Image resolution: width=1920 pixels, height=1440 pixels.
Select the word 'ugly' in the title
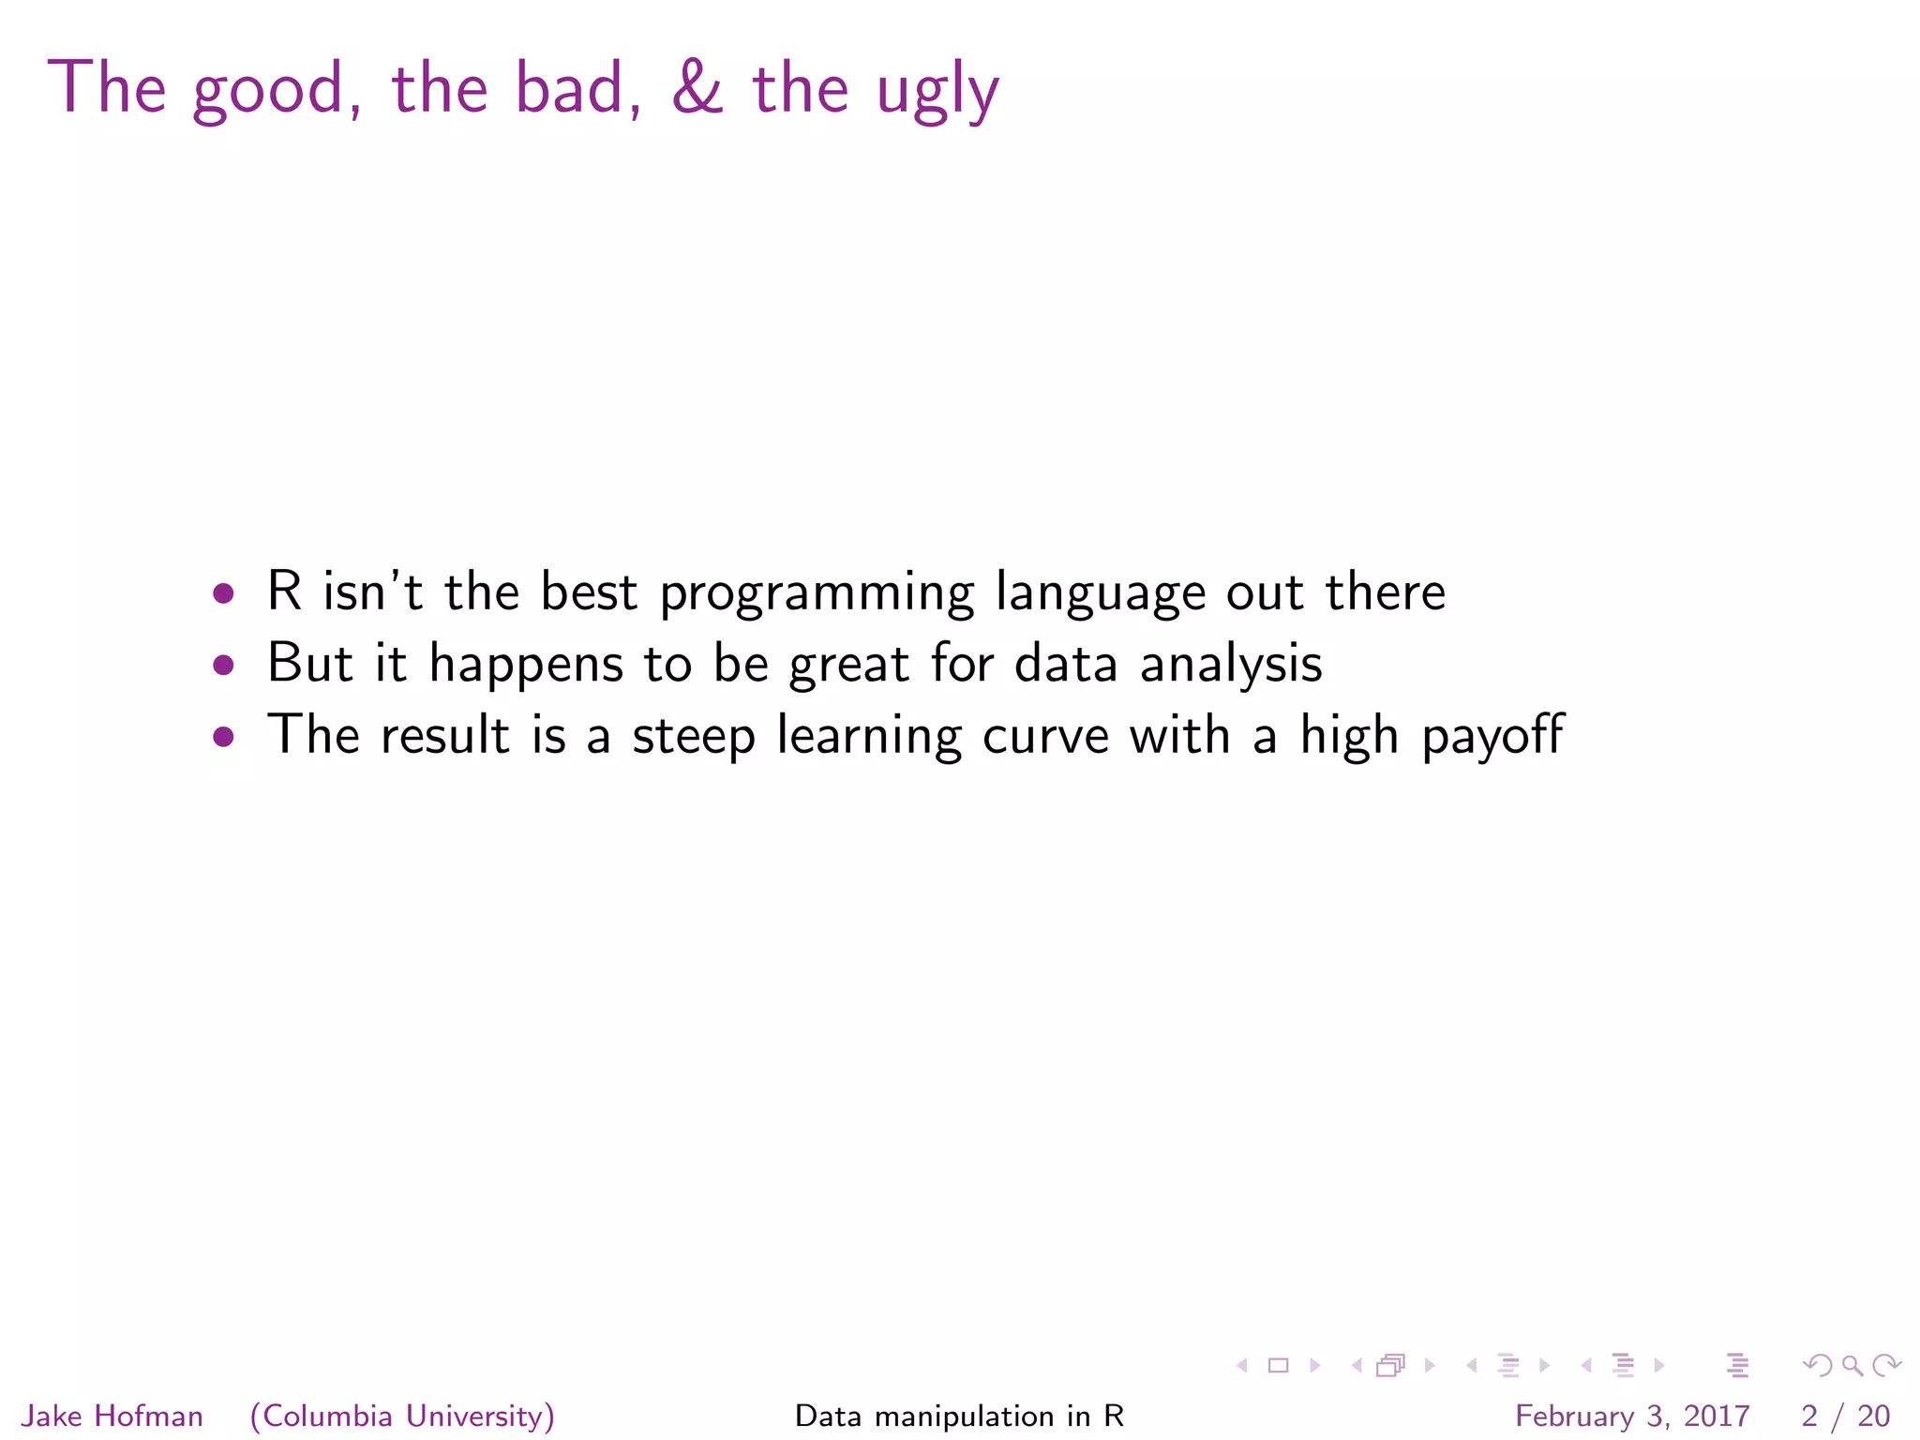click(x=937, y=93)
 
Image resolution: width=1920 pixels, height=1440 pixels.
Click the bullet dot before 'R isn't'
click(x=223, y=592)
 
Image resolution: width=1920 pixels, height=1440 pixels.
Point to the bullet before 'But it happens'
click(x=223, y=665)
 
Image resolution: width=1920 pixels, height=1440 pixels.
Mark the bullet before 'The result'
click(x=223, y=736)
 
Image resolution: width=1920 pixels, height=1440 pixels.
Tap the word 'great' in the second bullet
click(x=848, y=666)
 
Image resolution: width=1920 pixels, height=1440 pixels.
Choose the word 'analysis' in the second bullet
click(x=1230, y=666)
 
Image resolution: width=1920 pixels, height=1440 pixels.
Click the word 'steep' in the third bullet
click(x=693, y=738)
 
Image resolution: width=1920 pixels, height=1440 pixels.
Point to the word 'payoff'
click(x=1492, y=738)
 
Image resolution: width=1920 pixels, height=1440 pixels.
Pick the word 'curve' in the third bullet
click(x=1045, y=738)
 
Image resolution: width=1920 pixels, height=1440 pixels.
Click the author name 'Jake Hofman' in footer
click(x=112, y=1416)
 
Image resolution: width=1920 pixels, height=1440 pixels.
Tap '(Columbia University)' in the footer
click(x=402, y=1416)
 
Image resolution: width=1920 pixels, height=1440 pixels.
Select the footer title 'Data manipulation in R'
click(x=959, y=1416)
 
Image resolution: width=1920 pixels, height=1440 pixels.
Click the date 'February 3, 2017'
click(x=1631, y=1416)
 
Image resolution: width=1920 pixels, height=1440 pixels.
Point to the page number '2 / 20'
click(x=1845, y=1416)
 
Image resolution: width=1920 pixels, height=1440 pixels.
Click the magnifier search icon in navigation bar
click(x=1852, y=1366)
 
